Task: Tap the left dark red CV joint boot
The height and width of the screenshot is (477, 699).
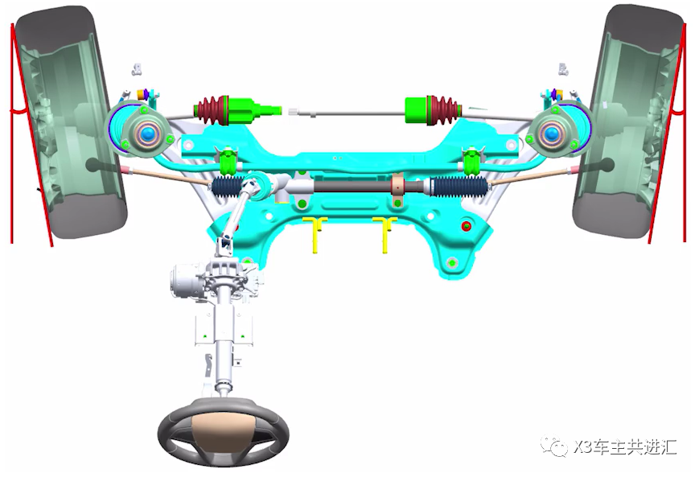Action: (212, 109)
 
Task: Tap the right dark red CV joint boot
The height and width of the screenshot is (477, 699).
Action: (443, 109)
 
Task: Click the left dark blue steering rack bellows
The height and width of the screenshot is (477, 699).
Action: (228, 187)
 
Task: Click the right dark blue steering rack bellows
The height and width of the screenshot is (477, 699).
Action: (458, 187)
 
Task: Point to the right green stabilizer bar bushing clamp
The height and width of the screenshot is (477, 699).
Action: (471, 162)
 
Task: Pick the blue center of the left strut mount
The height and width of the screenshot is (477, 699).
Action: (146, 133)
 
